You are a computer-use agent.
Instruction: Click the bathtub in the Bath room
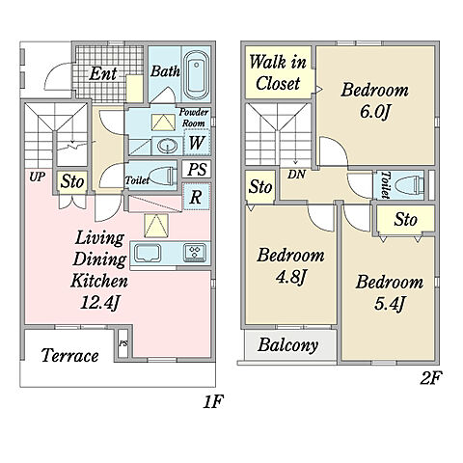[x=196, y=74]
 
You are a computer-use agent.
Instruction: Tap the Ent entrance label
[x=102, y=73]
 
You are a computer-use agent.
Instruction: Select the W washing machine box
[x=197, y=142]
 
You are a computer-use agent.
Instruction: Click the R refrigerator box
[x=196, y=197]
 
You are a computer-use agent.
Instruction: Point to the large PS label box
[x=197, y=169]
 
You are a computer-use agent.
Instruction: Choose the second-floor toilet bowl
[x=409, y=185]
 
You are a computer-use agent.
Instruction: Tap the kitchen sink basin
[x=148, y=253]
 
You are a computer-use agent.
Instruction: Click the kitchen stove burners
[x=195, y=252]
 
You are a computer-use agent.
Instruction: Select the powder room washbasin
[x=167, y=146]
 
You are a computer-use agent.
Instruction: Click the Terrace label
[x=69, y=356]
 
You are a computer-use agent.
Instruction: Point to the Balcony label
[x=287, y=345]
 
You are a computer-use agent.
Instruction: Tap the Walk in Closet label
[x=278, y=72]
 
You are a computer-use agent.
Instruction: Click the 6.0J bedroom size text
[x=375, y=112]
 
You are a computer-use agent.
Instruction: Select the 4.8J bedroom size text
[x=290, y=277]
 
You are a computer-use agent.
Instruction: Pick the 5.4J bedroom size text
[x=389, y=304]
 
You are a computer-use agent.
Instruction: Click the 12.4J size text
[x=99, y=303]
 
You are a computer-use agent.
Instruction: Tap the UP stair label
[x=37, y=177]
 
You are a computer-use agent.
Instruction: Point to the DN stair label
[x=296, y=175]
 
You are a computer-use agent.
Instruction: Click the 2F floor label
[x=431, y=378]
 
